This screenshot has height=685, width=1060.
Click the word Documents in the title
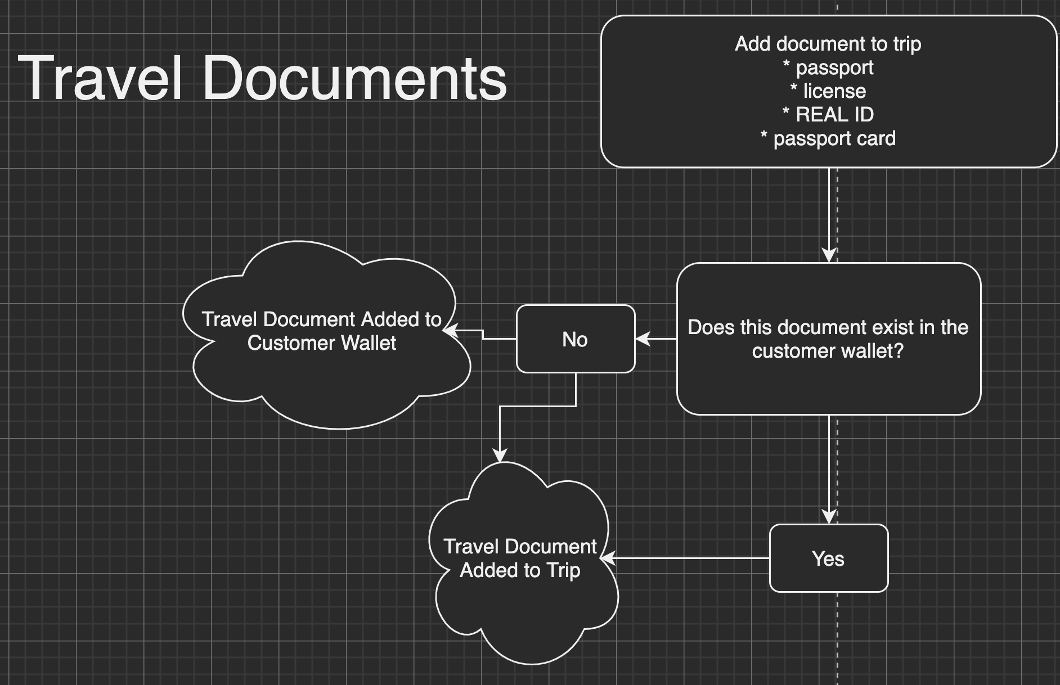[x=354, y=78]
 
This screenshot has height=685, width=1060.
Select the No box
[x=575, y=339]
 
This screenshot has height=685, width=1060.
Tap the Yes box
[x=828, y=558]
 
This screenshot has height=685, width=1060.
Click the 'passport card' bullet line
[x=828, y=138]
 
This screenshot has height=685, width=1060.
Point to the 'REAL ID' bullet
[x=828, y=115]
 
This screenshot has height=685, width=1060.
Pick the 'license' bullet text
[x=828, y=91]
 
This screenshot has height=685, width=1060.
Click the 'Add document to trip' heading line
[x=828, y=44]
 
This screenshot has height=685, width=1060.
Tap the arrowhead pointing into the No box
[x=643, y=339]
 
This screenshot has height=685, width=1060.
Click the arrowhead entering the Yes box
[x=829, y=517]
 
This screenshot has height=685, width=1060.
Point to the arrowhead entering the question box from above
[x=829, y=255]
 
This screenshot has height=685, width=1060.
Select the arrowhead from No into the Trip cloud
[x=500, y=455]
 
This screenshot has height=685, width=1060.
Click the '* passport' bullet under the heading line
[x=828, y=67]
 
